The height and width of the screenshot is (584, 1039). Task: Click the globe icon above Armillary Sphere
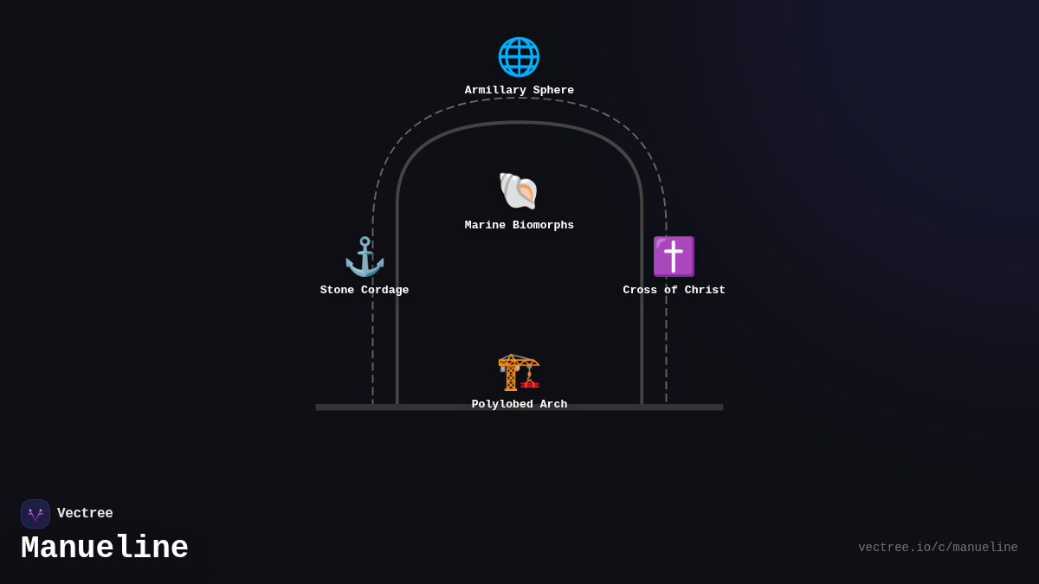tap(519, 57)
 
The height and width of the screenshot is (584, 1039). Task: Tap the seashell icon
tap(519, 191)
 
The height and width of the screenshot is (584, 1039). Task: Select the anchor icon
tap(365, 257)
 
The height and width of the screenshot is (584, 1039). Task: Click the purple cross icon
tap(674, 257)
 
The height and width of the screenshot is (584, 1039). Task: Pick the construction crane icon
tap(519, 372)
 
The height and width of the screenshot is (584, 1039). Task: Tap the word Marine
tap(486, 226)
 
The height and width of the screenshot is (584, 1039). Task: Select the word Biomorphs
tap(543, 226)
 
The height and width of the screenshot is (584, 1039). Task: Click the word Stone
tap(338, 291)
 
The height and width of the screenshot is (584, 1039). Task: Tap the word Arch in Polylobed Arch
tap(553, 405)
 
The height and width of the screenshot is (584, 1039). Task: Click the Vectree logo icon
tap(35, 514)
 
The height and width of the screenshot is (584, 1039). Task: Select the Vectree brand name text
tap(85, 514)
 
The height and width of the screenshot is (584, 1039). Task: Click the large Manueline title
tap(105, 549)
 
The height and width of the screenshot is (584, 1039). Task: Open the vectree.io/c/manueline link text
tap(938, 548)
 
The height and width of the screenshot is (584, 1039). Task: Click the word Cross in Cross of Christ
tap(641, 291)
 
